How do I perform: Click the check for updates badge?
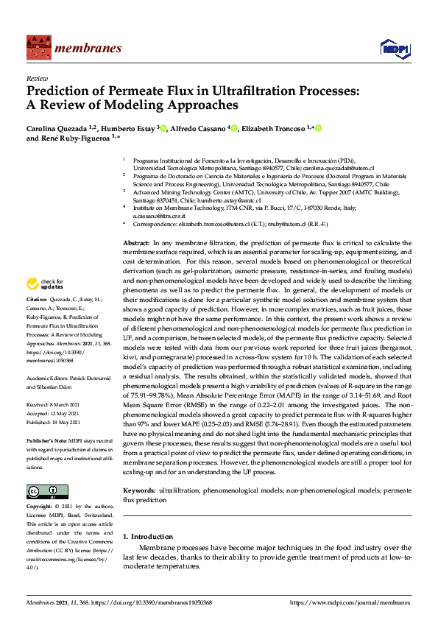coord(44,283)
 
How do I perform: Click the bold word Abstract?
coord(136,243)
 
